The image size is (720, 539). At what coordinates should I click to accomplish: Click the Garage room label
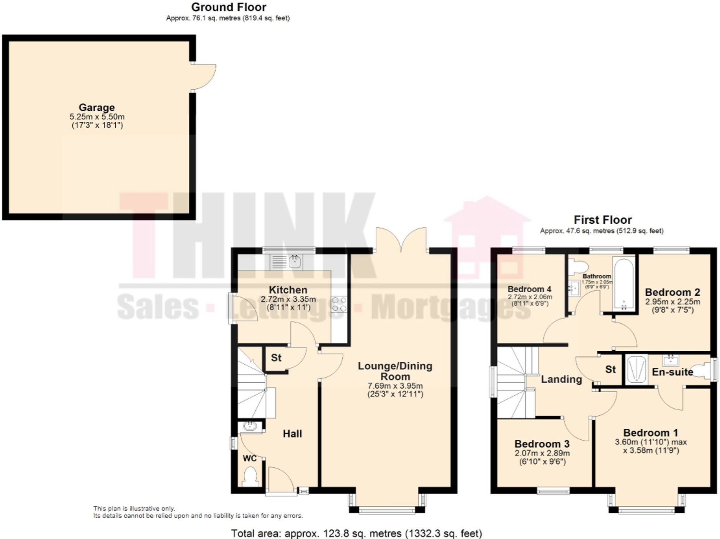[x=97, y=108]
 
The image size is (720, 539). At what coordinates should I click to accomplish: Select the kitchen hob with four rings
[x=339, y=304]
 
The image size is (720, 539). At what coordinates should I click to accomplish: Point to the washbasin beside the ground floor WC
[x=250, y=426]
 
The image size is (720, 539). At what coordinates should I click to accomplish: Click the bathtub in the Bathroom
[x=624, y=284]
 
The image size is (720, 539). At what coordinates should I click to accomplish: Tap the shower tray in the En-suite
[x=636, y=369]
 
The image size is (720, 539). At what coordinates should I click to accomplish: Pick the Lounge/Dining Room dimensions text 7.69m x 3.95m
[x=395, y=386]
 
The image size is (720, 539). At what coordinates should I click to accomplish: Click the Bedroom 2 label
[x=672, y=292]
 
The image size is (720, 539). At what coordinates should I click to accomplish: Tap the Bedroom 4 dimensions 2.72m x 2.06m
[x=530, y=297]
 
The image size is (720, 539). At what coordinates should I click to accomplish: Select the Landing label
[x=561, y=379]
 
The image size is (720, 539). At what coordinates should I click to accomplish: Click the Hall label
[x=292, y=434]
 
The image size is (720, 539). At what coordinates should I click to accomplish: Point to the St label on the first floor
[x=610, y=369]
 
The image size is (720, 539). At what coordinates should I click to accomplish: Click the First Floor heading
[x=602, y=220]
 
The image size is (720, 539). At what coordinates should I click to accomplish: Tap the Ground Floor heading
[x=229, y=7]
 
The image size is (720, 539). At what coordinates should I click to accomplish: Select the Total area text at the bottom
[x=356, y=533]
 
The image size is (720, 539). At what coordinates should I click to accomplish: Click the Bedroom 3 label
[x=542, y=444]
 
